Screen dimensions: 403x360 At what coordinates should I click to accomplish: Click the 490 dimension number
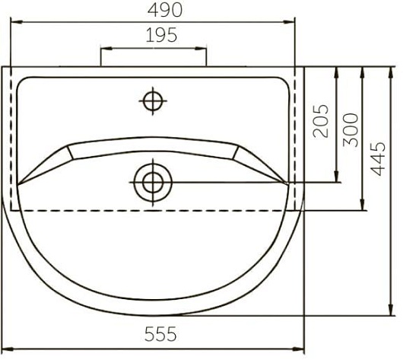[165, 10]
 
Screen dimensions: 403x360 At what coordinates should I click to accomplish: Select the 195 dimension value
[161, 35]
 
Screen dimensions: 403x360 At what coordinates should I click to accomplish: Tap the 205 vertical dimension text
[321, 121]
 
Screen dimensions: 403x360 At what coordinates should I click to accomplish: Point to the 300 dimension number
[351, 129]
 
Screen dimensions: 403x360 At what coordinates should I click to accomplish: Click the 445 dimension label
[378, 158]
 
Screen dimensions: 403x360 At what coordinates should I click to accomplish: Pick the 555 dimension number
[160, 334]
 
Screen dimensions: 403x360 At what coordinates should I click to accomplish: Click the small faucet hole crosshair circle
[153, 101]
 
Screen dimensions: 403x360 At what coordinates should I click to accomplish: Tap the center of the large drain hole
[153, 183]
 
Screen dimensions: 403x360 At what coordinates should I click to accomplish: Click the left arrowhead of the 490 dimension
[17, 22]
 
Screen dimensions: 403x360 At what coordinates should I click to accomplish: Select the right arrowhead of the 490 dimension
[289, 22]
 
